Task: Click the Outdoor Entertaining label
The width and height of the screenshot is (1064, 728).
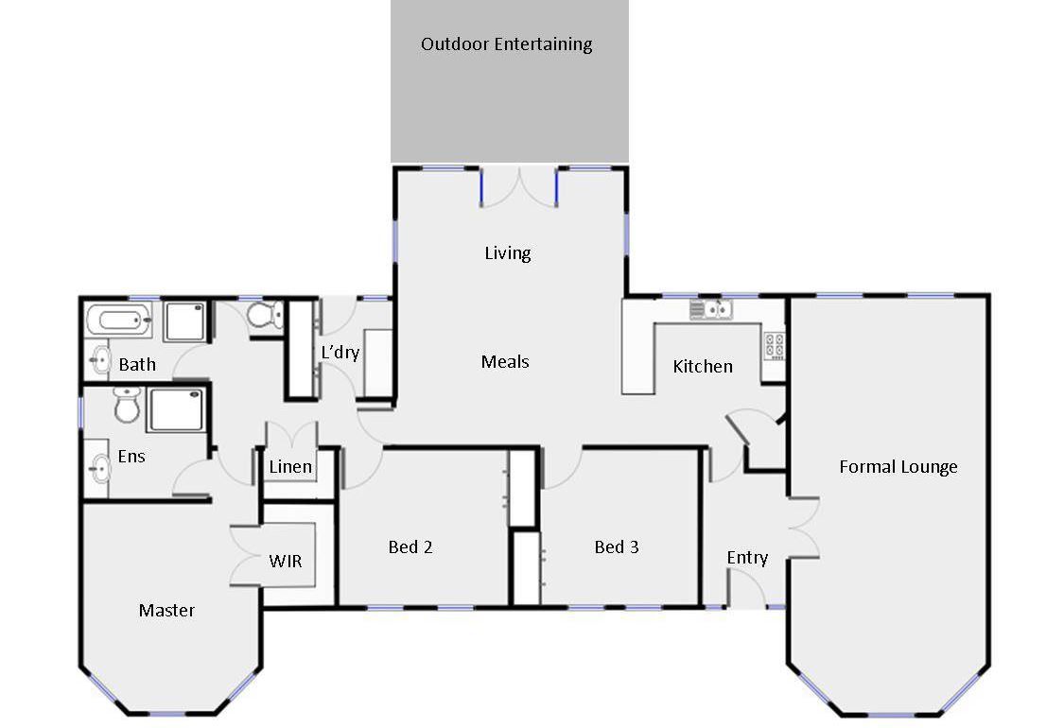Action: [x=506, y=44]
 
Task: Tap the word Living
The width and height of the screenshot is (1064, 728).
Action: [x=508, y=253]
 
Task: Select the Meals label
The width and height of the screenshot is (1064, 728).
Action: [x=505, y=361]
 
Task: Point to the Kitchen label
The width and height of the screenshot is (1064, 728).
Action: [x=703, y=367]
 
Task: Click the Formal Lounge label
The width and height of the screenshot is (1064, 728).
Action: [x=898, y=467]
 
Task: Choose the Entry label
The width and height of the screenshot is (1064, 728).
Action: [x=747, y=558]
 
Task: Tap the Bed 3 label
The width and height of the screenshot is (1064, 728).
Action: [x=616, y=546]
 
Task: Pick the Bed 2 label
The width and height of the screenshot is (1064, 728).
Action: [x=410, y=546]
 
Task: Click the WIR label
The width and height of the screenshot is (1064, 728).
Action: [x=285, y=561]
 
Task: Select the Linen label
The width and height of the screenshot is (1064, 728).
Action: [x=290, y=467]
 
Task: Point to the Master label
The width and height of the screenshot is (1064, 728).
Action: [x=166, y=611]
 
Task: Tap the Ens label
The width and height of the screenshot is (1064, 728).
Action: [x=131, y=456]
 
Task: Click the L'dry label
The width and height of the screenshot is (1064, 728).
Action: [x=340, y=352]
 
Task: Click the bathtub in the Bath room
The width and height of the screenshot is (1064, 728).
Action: [x=118, y=319]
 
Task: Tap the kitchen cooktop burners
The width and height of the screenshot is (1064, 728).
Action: [x=775, y=345]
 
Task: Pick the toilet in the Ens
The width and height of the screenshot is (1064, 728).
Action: [x=126, y=405]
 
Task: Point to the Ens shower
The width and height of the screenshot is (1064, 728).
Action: [x=175, y=409]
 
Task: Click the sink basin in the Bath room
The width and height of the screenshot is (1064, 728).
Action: [x=99, y=359]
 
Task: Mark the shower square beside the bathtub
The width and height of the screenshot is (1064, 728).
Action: [x=183, y=321]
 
